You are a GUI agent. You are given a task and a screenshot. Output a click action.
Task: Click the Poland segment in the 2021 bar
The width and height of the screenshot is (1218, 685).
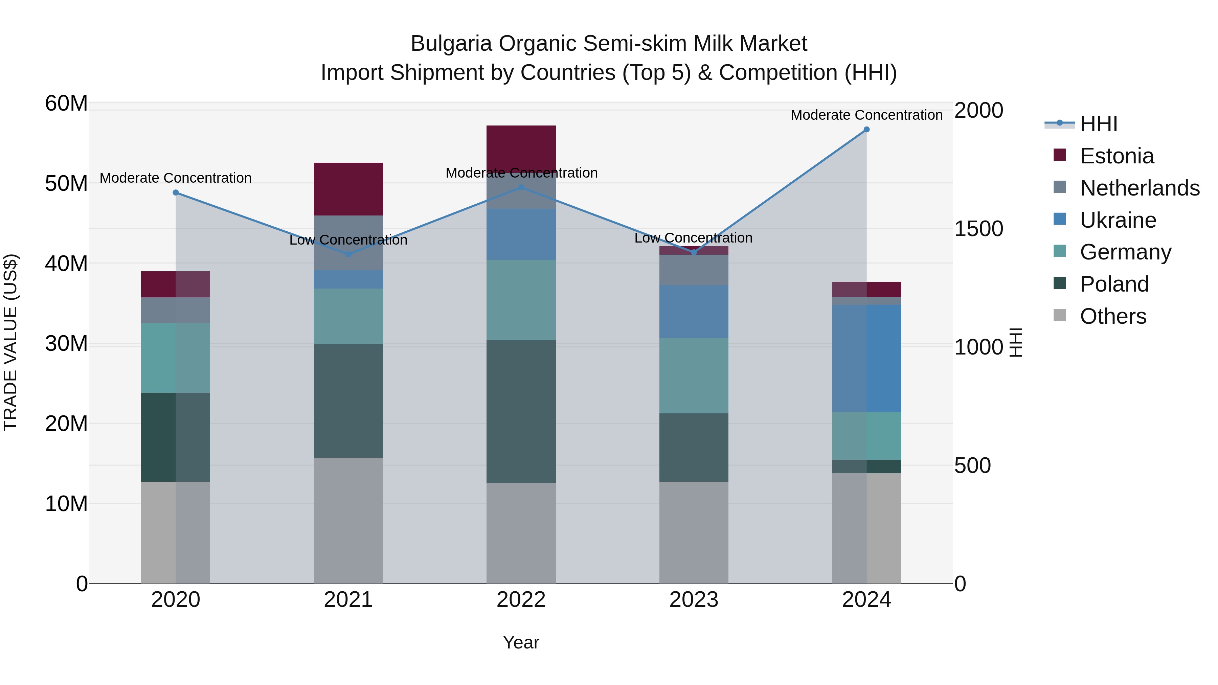348,401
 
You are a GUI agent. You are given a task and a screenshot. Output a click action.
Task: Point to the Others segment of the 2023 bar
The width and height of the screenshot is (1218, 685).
694,532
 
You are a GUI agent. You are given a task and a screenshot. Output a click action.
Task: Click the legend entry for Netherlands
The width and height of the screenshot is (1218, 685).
1140,188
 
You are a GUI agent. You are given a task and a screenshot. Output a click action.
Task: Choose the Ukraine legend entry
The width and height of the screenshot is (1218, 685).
1118,220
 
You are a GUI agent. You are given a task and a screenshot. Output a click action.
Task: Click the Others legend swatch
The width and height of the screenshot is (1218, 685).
1060,315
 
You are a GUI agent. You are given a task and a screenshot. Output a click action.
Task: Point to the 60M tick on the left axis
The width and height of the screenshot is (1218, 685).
66,104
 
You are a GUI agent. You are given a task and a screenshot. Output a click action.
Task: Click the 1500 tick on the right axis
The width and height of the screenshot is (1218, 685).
978,229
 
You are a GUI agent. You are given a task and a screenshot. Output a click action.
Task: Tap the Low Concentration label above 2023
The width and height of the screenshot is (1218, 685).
693,238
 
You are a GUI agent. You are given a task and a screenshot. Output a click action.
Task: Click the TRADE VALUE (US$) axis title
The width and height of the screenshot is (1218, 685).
10,342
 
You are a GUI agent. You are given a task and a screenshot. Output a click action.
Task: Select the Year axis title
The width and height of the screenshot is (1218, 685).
521,642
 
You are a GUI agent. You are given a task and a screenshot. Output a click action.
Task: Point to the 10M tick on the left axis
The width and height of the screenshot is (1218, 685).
66,504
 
